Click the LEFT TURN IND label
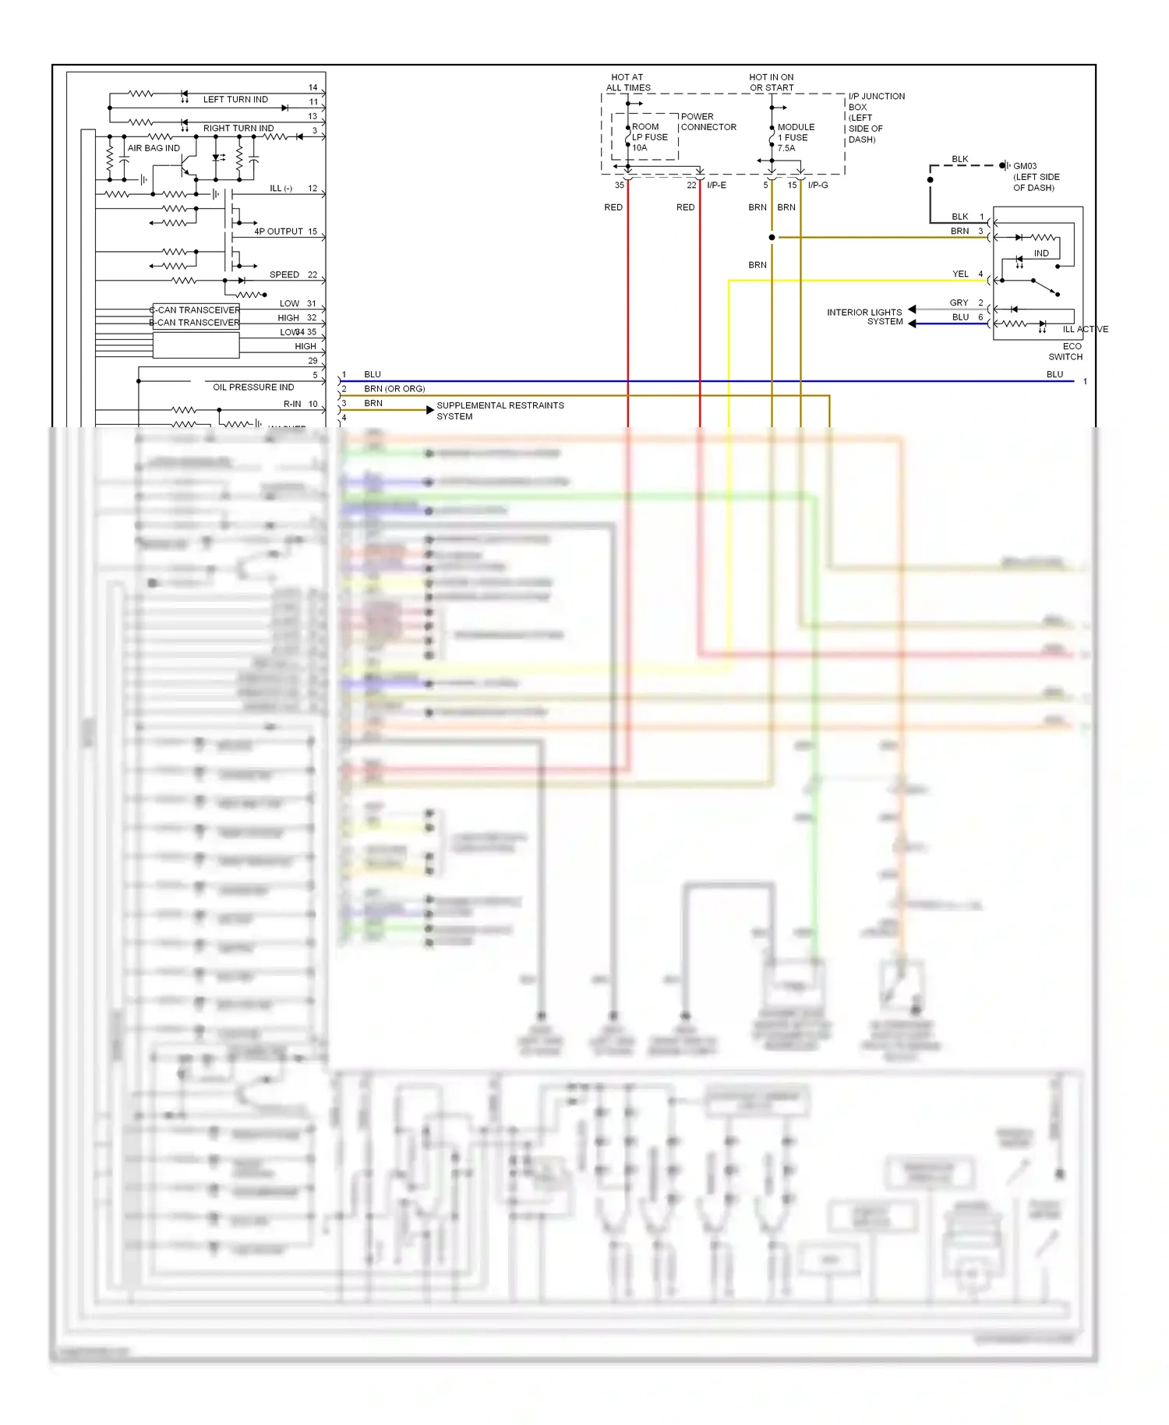(235, 100)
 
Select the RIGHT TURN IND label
(238, 129)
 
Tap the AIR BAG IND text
(154, 148)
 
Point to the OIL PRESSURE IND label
(253, 387)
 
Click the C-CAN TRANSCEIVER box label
(196, 310)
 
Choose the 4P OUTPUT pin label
(278, 232)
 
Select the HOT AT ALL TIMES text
(628, 83)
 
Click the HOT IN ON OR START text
(772, 83)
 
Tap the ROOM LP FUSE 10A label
(648, 137)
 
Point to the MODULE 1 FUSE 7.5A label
(795, 137)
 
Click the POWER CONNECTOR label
(708, 122)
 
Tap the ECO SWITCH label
(1066, 352)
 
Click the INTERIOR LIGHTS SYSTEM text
(865, 316)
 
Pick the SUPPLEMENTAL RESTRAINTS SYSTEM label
(500, 411)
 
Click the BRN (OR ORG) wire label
(394, 389)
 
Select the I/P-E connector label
(716, 186)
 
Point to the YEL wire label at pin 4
(960, 274)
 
